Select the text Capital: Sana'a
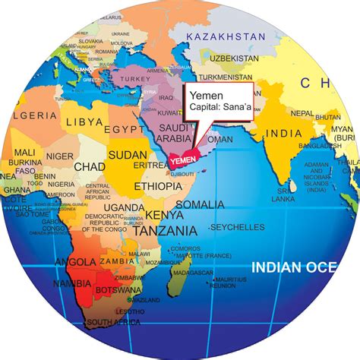(222, 109)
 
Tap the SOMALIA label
(198, 204)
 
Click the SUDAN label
(128, 156)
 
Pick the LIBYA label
(84, 121)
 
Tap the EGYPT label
(125, 129)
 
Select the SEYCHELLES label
(237, 227)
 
